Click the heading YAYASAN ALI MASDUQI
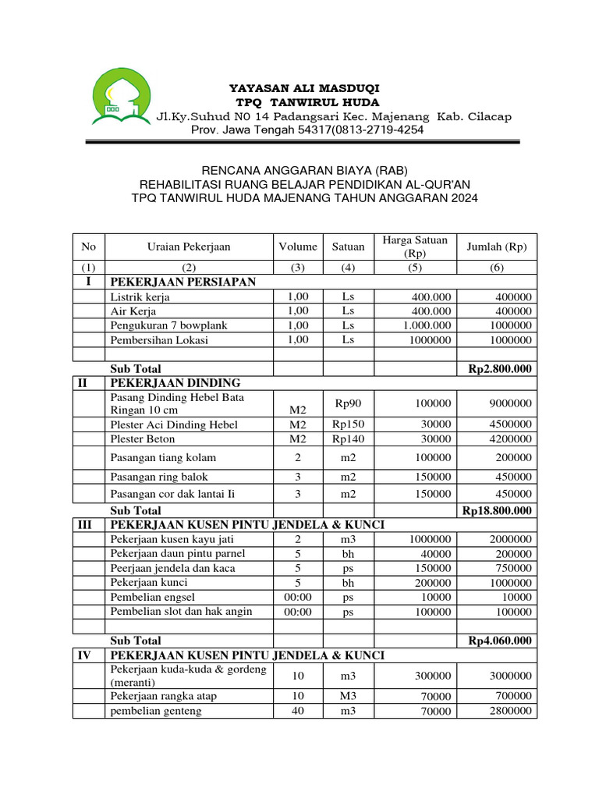[304, 87]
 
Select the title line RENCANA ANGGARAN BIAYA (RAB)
[304, 170]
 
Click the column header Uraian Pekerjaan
[188, 247]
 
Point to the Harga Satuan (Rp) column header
[415, 247]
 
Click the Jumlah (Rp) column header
[496, 247]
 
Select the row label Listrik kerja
[140, 297]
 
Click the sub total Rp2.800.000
[500, 369]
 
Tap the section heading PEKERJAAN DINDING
[175, 383]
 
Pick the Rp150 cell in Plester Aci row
[349, 424]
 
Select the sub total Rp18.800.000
[497, 510]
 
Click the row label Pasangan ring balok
[159, 477]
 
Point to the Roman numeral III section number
[88, 525]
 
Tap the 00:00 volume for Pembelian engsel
[298, 597]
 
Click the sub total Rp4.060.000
[500, 641]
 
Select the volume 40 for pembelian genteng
[298, 711]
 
